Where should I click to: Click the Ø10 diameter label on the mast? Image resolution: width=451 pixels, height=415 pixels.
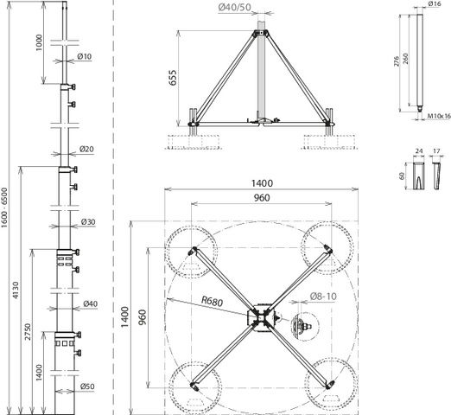(x=85, y=56)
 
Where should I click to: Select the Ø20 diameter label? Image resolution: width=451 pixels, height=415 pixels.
(x=86, y=149)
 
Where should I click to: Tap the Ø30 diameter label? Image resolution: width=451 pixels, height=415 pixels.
(x=88, y=222)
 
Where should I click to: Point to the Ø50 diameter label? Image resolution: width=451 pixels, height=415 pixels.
(x=87, y=386)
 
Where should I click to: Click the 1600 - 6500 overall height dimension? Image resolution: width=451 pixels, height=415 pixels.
(x=4, y=207)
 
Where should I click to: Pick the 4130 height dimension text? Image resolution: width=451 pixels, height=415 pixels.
(x=16, y=290)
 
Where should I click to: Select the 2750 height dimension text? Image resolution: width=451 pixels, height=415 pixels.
(x=28, y=332)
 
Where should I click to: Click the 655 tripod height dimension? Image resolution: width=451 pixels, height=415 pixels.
(x=173, y=78)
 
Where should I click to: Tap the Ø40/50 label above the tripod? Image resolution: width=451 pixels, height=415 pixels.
(x=234, y=7)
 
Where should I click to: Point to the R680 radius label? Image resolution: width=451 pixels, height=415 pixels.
(x=212, y=301)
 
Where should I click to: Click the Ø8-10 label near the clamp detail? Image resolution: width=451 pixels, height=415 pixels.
(x=323, y=297)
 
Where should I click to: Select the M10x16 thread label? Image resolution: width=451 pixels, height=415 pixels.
(x=439, y=116)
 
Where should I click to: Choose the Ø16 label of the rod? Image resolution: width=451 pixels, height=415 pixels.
(x=435, y=3)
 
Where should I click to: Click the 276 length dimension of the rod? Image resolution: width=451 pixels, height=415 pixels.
(x=397, y=61)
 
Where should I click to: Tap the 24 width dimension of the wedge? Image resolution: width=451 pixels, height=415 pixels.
(x=419, y=151)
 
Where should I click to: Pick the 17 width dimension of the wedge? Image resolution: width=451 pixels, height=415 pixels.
(x=436, y=151)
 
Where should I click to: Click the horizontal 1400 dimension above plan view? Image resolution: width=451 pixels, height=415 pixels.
(x=262, y=183)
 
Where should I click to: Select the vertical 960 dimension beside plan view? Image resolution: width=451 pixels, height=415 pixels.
(x=143, y=317)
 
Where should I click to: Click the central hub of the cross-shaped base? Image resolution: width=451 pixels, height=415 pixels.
(x=260, y=317)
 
